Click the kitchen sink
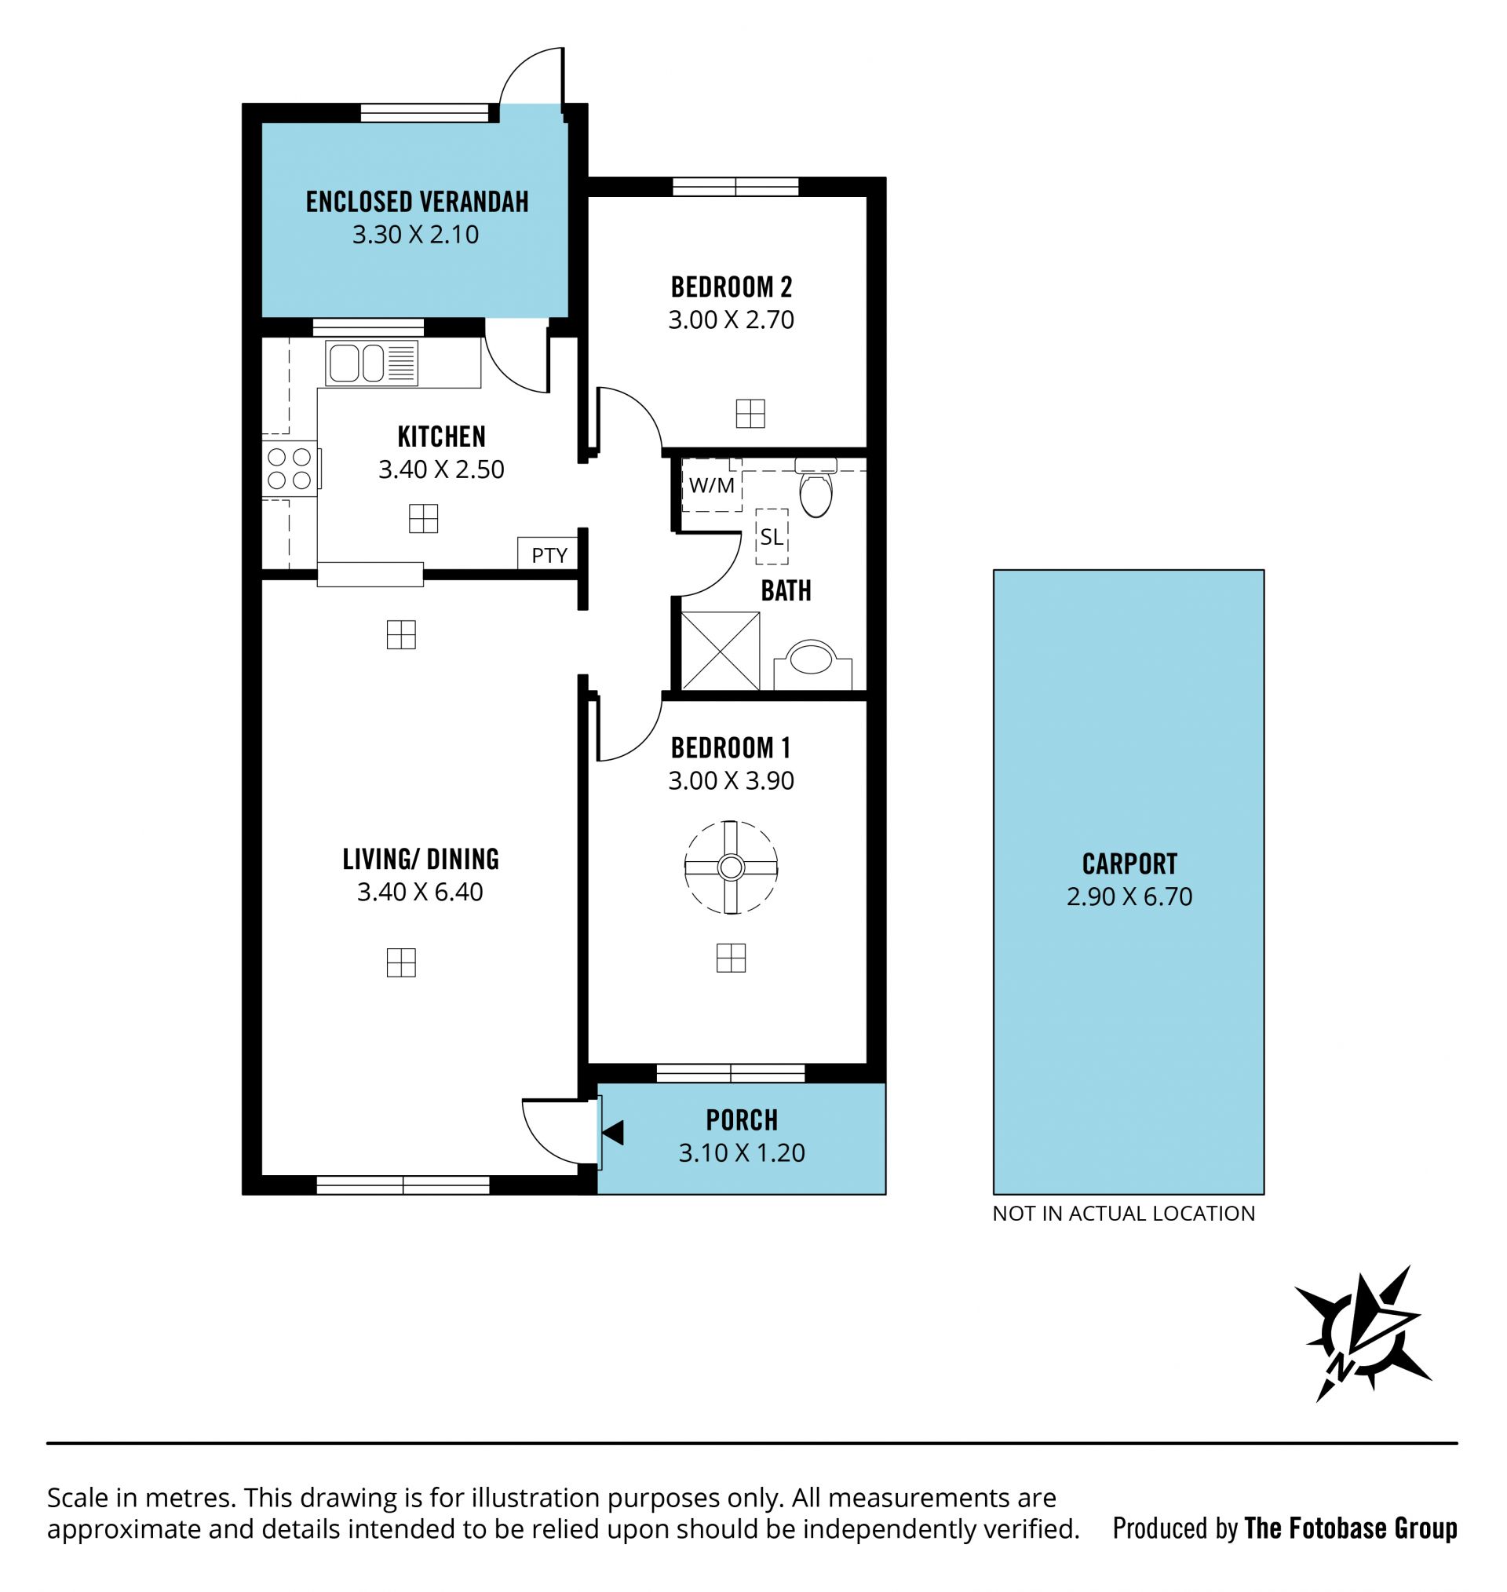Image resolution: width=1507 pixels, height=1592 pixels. pos(371,363)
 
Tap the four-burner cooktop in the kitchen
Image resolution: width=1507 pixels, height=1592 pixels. pos(290,469)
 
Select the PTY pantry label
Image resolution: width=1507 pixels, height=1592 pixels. pos(549,555)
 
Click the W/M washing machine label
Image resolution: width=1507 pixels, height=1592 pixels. pos(712,485)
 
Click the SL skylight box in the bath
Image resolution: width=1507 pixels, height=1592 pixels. pos(772,537)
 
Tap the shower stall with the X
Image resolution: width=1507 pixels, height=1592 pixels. pos(720,651)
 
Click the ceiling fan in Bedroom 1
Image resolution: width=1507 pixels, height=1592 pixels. pos(730,867)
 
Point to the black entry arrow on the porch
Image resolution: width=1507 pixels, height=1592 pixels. pos(613,1133)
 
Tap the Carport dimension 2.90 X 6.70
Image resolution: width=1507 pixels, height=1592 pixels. pos(1129,896)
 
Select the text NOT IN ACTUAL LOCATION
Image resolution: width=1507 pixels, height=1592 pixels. pos(1123,1213)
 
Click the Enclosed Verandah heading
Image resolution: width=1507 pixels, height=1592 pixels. pos(417,202)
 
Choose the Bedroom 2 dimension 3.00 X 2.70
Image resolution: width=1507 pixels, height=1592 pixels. pos(731,319)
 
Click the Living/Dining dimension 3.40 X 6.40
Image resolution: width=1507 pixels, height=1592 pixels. pos(420,892)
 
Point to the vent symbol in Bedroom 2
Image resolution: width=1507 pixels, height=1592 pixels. pos(750,414)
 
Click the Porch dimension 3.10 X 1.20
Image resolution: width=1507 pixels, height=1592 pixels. pos(742,1152)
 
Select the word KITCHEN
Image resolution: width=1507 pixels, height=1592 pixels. pos(441,436)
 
